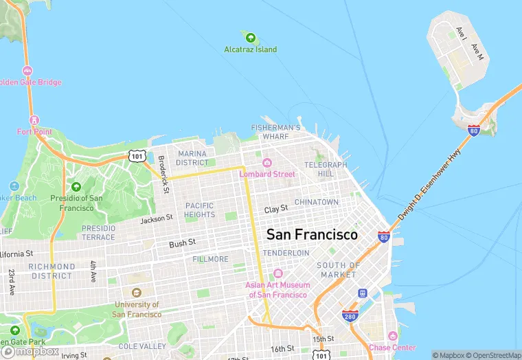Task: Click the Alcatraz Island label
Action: pyautogui.click(x=251, y=49)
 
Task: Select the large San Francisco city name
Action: pyautogui.click(x=312, y=234)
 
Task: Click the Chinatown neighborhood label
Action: pyautogui.click(x=317, y=202)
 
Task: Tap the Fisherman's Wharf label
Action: pyautogui.click(x=275, y=132)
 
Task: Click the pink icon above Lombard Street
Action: pyautogui.click(x=267, y=163)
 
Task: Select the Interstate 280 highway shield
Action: pyautogui.click(x=350, y=315)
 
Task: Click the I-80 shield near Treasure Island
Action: pyautogui.click(x=473, y=129)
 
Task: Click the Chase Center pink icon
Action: pyautogui.click(x=392, y=336)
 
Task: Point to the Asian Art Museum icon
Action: pyautogui.click(x=277, y=274)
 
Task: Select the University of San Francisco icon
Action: pyautogui.click(x=137, y=293)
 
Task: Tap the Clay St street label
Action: pyautogui.click(x=276, y=208)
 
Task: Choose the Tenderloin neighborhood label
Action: pyautogui.click(x=286, y=253)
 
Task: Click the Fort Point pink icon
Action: pyautogui.click(x=34, y=119)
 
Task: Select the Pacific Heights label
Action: pyautogui.click(x=199, y=210)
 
